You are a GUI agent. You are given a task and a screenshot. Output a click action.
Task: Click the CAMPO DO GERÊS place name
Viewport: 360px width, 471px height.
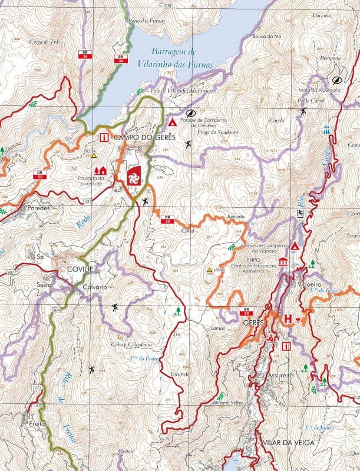[x=139, y=137]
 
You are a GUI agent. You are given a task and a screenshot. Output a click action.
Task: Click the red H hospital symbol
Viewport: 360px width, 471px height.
[x=288, y=319]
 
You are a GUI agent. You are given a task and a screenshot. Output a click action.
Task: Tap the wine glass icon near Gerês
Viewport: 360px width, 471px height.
[x=300, y=319]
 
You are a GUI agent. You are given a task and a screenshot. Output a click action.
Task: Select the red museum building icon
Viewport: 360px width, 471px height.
[x=282, y=261]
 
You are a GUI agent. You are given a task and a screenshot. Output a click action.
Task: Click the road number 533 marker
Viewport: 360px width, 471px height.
[x=87, y=202]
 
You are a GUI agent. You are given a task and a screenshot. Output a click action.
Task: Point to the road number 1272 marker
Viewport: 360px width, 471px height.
[x=37, y=387]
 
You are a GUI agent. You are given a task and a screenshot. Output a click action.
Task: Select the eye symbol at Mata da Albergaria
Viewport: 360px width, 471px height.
[x=336, y=80]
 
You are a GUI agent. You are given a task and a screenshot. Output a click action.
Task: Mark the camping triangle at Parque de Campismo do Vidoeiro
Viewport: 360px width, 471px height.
[x=295, y=245]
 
